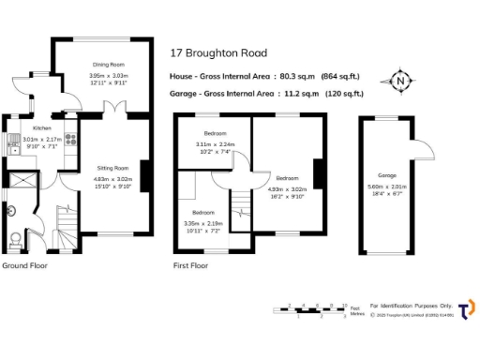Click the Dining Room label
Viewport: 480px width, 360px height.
pyautogui.click(x=108, y=64)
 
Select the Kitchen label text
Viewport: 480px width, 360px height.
pyautogui.click(x=42, y=127)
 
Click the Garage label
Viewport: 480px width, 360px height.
pyautogui.click(x=386, y=175)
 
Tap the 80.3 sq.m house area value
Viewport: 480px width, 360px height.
pyautogui.click(x=299, y=76)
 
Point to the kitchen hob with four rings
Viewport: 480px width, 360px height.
pyautogui.click(x=14, y=142)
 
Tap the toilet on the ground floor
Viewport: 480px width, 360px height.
pyautogui.click(x=13, y=239)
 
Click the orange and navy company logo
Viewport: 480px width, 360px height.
pyautogui.click(x=465, y=308)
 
